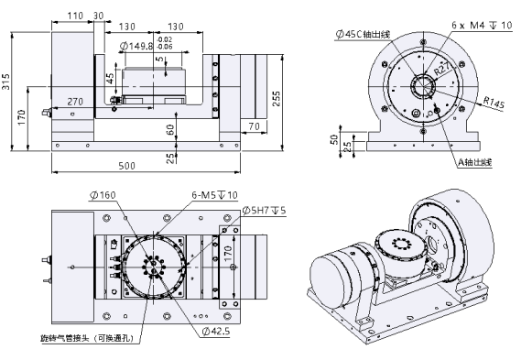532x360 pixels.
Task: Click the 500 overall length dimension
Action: tap(127, 166)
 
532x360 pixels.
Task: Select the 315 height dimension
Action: tap(5, 82)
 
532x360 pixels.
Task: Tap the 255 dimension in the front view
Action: tap(277, 98)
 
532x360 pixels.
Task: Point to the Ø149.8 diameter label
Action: tap(137, 46)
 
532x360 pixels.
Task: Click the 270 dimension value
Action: tap(75, 102)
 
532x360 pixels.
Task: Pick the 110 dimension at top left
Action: tap(75, 16)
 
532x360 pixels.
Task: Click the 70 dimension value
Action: tap(254, 126)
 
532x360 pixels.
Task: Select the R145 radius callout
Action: tap(494, 103)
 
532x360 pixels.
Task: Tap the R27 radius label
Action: tap(443, 69)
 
